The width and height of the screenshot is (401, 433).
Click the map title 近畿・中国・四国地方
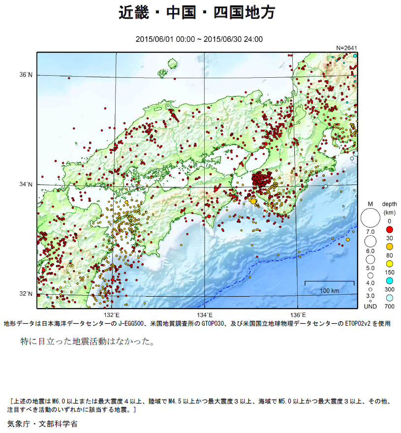[197, 12]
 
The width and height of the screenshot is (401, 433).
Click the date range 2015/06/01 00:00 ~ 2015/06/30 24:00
[199, 39]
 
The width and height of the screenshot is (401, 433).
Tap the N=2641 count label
[346, 48]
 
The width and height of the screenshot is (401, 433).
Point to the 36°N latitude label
[26, 75]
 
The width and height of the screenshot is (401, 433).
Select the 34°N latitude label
[26, 185]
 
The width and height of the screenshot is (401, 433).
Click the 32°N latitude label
[26, 294]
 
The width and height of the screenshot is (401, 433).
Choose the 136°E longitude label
[298, 315]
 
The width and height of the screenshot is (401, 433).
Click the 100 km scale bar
[330, 282]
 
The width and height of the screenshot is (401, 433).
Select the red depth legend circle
[389, 230]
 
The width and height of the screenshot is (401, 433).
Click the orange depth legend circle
[389, 246]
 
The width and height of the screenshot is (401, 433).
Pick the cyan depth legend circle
[389, 280]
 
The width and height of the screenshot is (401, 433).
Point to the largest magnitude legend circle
[370, 217]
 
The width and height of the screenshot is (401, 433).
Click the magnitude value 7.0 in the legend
[370, 231]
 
